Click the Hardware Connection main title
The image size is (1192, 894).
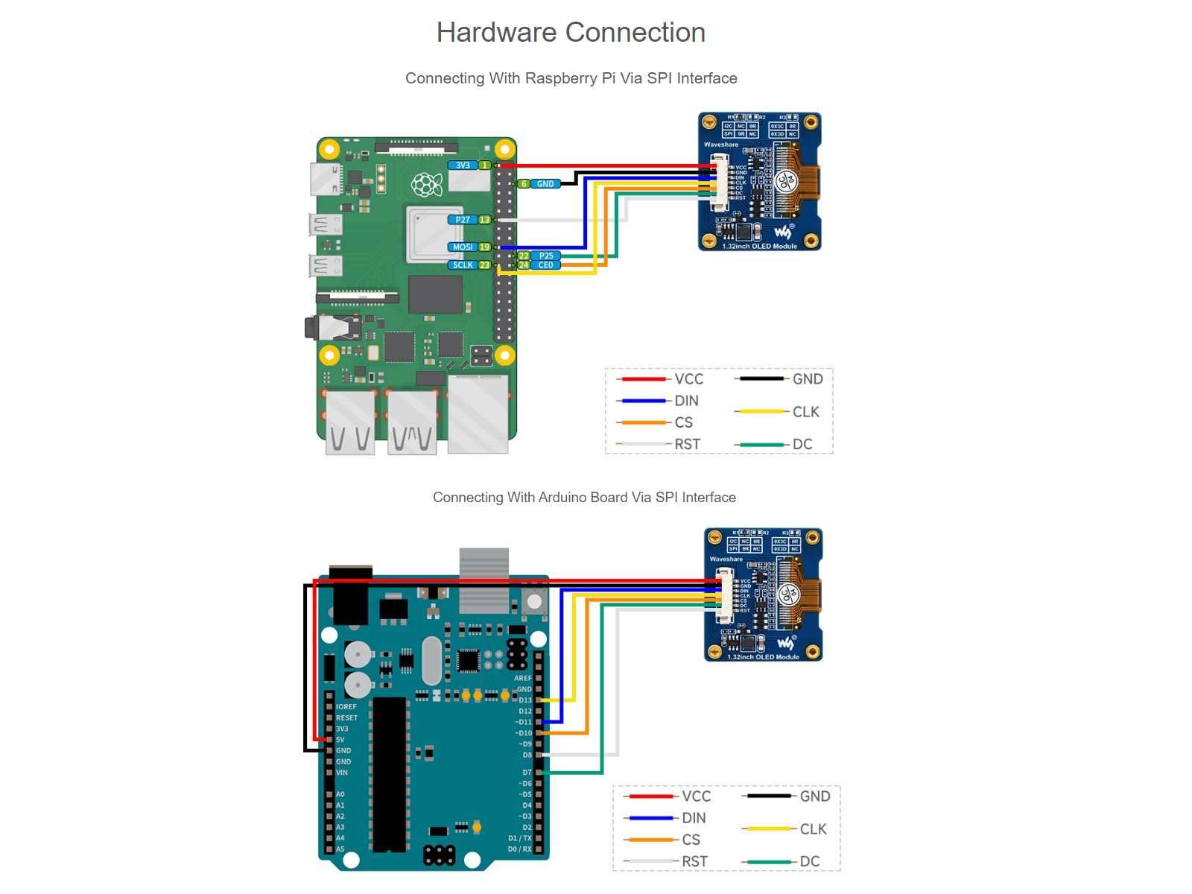pos(571,33)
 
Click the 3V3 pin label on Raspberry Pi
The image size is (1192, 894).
pos(463,165)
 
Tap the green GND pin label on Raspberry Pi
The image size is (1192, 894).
pos(545,184)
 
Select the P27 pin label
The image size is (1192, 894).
pos(463,220)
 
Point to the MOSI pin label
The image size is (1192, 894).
pos(463,247)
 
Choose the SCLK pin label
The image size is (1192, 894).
pos(463,265)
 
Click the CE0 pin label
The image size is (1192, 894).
pos(546,265)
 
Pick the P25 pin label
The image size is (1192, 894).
pos(546,256)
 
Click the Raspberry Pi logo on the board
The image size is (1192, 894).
pos(427,185)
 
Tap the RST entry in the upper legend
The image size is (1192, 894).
pos(687,444)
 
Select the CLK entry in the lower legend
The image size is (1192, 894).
pos(813,829)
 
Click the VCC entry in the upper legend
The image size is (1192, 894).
pos(688,379)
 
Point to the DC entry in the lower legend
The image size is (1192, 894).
pos(809,861)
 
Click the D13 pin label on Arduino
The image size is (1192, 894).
pos(525,700)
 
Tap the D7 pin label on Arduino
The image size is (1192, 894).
pos(527,773)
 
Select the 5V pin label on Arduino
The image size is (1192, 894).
pos(340,740)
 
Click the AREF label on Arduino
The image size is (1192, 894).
pos(522,678)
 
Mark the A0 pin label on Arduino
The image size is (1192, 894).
pos(340,794)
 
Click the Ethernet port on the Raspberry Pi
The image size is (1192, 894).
pos(478,414)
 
